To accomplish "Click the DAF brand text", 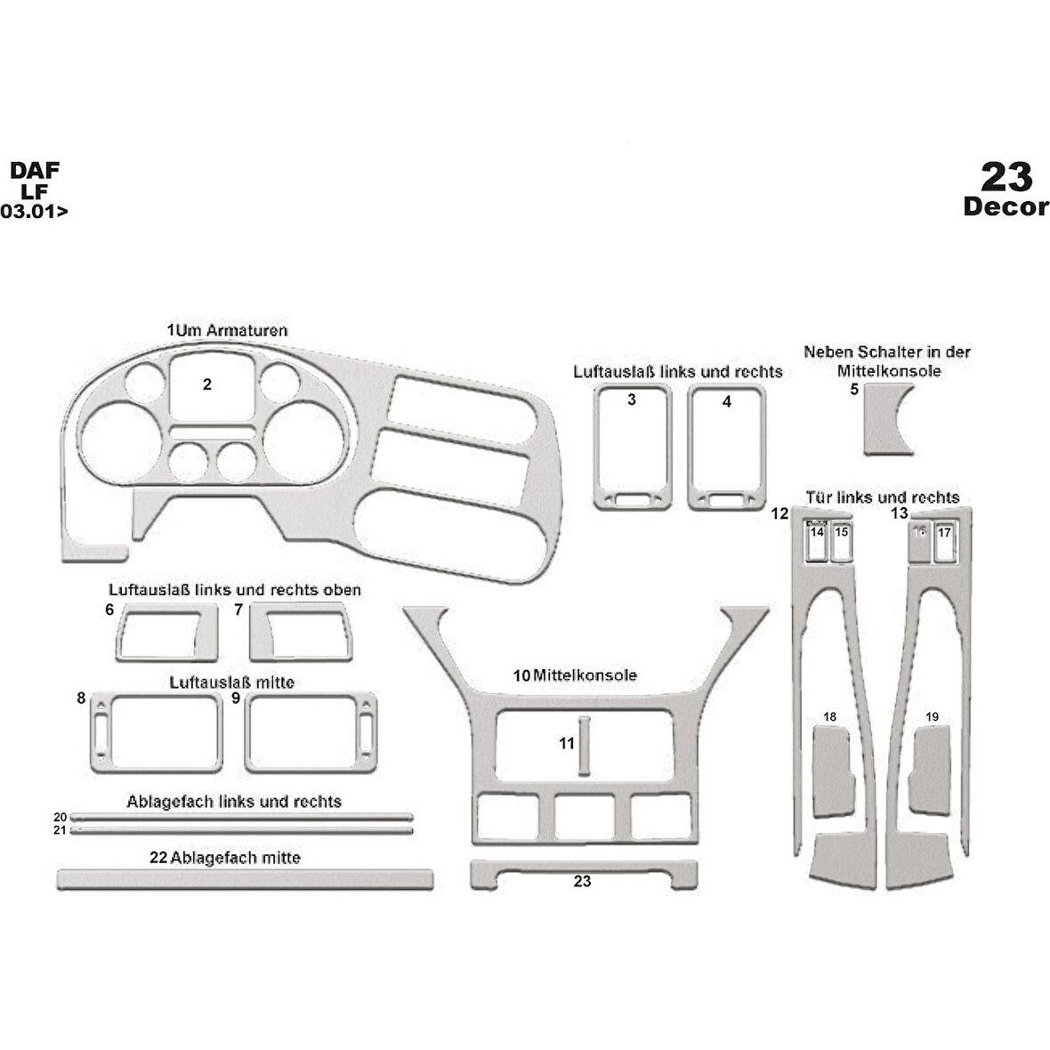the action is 34,170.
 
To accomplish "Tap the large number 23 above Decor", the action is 1006,177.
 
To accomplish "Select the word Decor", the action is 1006,206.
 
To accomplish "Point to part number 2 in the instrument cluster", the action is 207,384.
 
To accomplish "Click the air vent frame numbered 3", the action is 633,448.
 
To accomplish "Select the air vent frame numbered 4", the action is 727,448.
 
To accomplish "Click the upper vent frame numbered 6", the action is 167,632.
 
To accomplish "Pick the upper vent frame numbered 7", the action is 301,632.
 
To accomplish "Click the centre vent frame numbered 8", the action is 156,732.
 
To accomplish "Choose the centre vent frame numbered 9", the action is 311,732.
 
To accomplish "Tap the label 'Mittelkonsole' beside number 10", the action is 586,675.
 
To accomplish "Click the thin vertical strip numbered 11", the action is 584,747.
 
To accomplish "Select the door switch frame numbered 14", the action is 817,541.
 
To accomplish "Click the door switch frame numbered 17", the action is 944,541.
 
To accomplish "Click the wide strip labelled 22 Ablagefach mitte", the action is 245,880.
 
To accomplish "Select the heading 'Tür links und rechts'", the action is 883,497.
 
